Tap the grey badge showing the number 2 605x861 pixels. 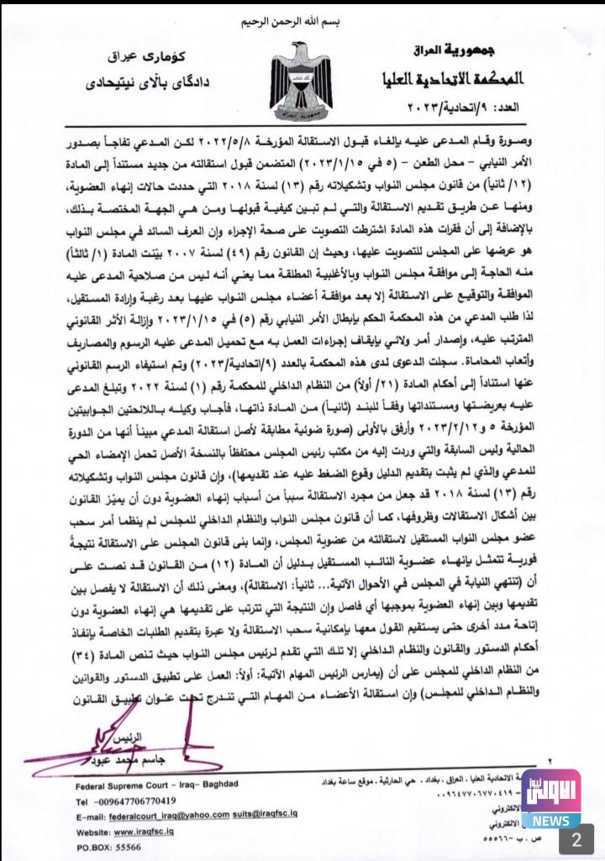pyautogui.click(x=576, y=839)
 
